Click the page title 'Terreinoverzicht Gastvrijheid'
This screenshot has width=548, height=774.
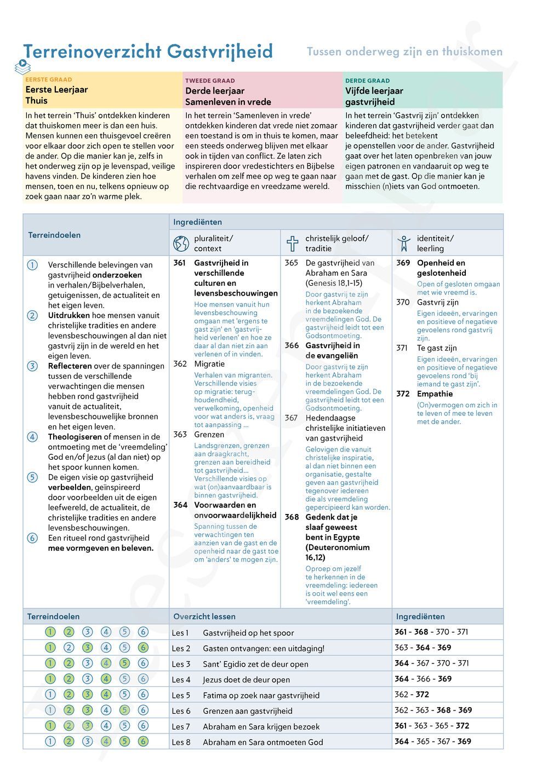point(148,51)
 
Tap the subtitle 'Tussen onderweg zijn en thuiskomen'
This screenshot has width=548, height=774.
point(404,52)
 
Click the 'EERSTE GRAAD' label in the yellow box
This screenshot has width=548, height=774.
point(49,79)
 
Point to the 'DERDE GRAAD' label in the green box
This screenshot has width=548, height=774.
point(368,80)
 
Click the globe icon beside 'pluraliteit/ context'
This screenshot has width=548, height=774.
point(181,243)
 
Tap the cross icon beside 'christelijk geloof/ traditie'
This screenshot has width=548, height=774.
point(293,243)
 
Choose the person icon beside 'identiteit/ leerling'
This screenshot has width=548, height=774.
point(404,243)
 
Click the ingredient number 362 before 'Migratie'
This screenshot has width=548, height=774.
point(180,364)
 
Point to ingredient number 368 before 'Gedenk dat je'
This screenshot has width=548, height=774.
point(292,517)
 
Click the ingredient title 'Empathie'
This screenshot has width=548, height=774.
point(435,394)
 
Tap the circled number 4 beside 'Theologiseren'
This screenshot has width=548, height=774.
point(33,437)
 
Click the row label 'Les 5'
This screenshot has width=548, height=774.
point(181,695)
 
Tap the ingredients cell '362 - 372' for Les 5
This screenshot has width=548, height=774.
point(412,695)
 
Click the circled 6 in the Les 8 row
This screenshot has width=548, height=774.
point(143,741)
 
